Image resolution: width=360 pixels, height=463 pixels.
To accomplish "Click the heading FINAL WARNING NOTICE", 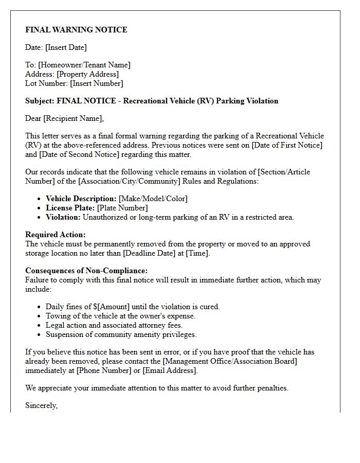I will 76,30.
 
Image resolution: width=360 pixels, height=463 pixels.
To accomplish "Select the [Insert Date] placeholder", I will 66,47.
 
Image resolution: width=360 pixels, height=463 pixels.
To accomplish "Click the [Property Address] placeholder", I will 87,74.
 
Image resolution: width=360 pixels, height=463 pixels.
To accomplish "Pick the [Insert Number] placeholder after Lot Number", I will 97,83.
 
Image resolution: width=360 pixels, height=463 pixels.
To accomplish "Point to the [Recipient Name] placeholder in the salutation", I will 73,118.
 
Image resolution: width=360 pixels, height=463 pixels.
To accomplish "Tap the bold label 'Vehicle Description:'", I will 81,199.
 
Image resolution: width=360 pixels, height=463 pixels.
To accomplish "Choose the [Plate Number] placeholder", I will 122,208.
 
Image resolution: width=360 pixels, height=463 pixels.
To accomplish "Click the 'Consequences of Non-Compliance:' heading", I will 86,271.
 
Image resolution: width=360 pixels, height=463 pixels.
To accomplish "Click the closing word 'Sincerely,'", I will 42,405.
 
